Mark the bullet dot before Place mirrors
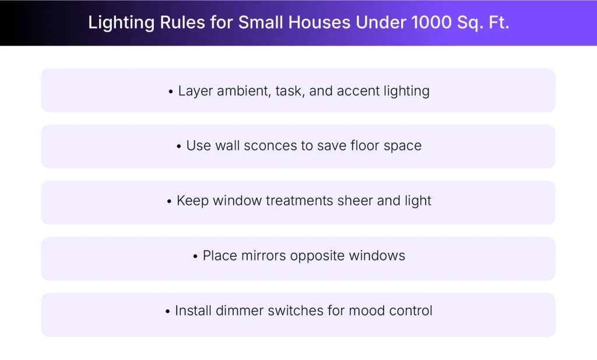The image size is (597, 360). click(x=195, y=256)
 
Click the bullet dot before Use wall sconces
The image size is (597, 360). click(x=179, y=146)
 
